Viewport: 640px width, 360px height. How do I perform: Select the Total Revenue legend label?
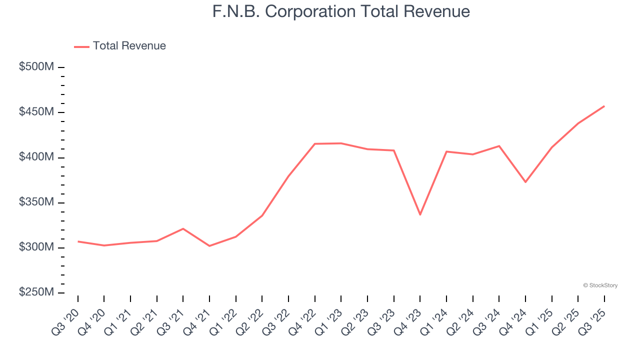point(129,46)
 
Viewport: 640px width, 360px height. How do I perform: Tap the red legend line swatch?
point(81,46)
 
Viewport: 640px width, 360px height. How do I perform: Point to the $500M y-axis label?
point(36,67)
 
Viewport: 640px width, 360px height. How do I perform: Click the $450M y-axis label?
point(36,112)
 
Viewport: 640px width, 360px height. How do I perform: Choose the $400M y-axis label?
point(36,157)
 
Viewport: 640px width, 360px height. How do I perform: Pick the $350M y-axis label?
point(36,202)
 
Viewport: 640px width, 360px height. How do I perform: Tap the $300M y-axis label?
point(36,247)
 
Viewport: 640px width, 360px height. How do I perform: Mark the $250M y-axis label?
point(36,292)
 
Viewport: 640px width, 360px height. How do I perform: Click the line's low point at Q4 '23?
point(420,214)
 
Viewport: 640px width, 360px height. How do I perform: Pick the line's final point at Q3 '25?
point(604,106)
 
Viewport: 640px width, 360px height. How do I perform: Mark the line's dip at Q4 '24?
point(525,181)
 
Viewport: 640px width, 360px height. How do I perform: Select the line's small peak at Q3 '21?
point(183,228)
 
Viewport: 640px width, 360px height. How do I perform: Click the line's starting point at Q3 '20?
point(78,241)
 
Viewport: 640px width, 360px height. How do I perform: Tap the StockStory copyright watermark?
point(600,285)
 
